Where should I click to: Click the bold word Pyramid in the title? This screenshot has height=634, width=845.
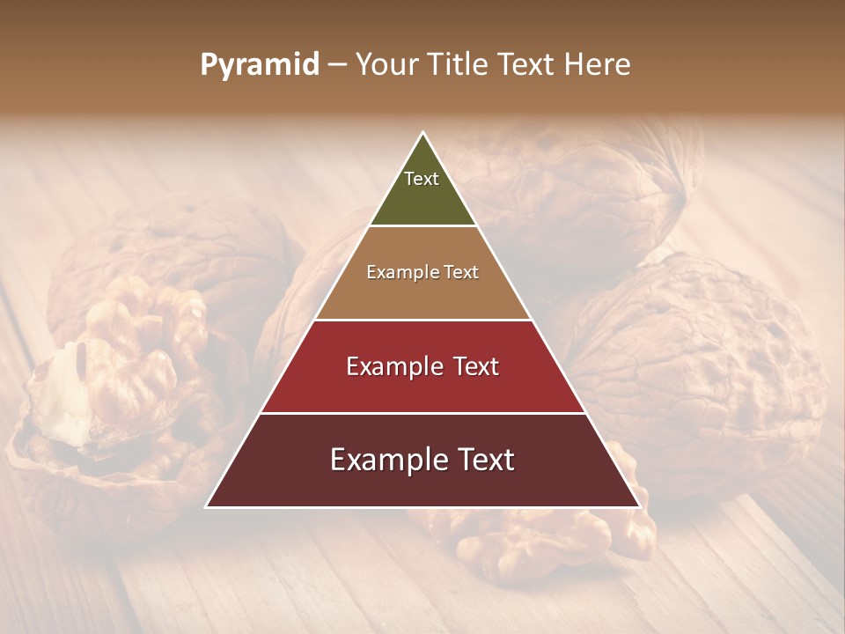[259, 65]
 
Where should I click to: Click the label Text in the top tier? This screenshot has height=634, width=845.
[422, 179]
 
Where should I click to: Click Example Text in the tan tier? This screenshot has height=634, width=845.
[422, 272]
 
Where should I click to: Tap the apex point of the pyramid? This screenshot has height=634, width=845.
[423, 133]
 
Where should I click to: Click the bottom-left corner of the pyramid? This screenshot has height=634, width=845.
[207, 506]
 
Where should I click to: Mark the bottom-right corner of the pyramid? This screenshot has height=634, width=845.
[639, 506]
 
